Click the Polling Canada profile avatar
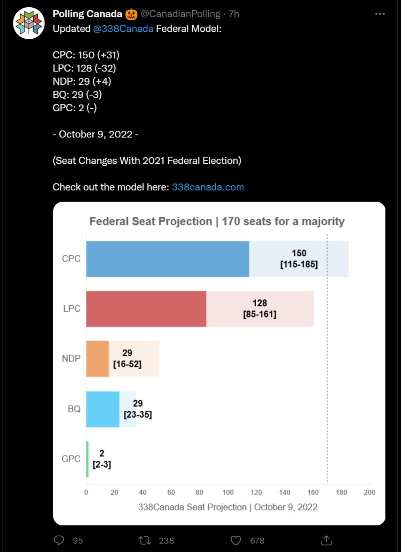(29, 23)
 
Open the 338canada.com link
(208, 187)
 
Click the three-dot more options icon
(380, 14)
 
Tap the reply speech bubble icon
(60, 540)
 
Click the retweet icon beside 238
(144, 540)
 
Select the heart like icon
(237, 540)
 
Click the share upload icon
(326, 540)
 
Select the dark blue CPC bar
(168, 259)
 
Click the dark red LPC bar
(146, 309)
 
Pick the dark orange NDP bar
(97, 359)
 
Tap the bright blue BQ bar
(103, 409)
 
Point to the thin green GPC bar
(88, 459)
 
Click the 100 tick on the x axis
(228, 492)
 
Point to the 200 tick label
(369, 492)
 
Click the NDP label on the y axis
(71, 359)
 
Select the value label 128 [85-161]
(260, 309)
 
